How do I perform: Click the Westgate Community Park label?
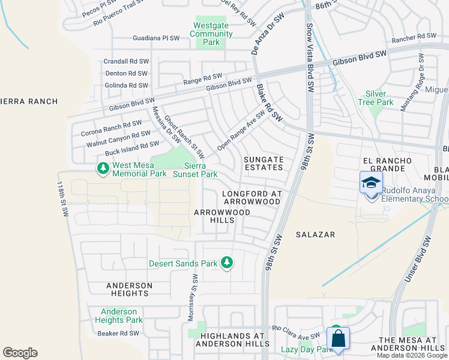pos(211,34)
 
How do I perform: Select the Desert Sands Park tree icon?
pos(227,263)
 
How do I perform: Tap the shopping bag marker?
pos(339,338)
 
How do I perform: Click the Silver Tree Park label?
pos(379,98)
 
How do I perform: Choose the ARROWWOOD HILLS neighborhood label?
pos(214,216)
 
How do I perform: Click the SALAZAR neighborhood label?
pos(315,235)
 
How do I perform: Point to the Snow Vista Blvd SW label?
pos(310,58)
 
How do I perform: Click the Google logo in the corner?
pos(20,353)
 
